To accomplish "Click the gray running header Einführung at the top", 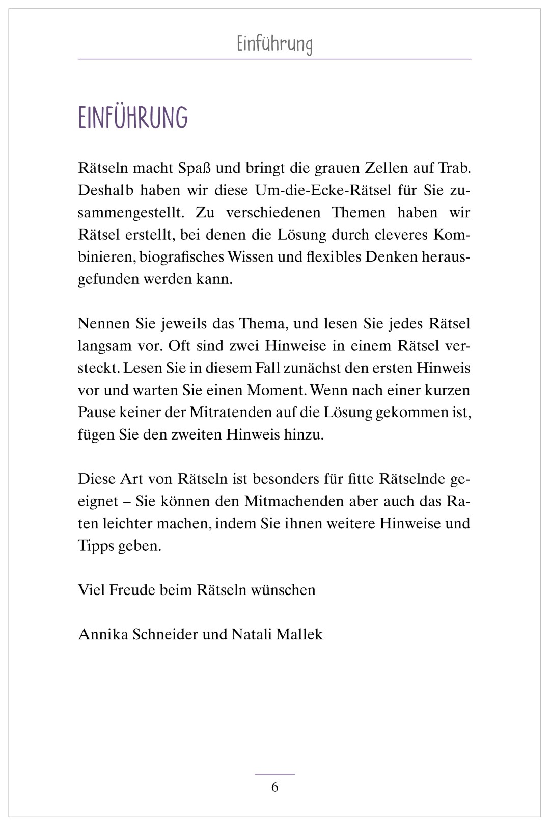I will coord(274,44).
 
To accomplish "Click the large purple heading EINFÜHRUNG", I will coord(133,118).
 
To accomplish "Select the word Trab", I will coord(454,168).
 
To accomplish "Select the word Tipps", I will coord(96,546).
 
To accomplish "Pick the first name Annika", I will coord(103,634).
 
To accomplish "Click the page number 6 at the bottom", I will coord(275,787).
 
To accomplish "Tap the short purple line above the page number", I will coord(275,775).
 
